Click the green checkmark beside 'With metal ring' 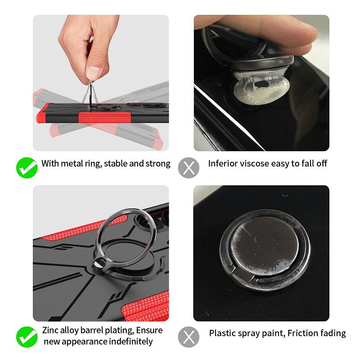point(27,168)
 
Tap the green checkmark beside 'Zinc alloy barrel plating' point(27,337)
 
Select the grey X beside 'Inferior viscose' point(189,168)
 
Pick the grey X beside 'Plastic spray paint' point(189,337)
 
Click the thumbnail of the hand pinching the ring point(101,83)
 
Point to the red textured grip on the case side point(104,117)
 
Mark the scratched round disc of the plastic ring point(265,247)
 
